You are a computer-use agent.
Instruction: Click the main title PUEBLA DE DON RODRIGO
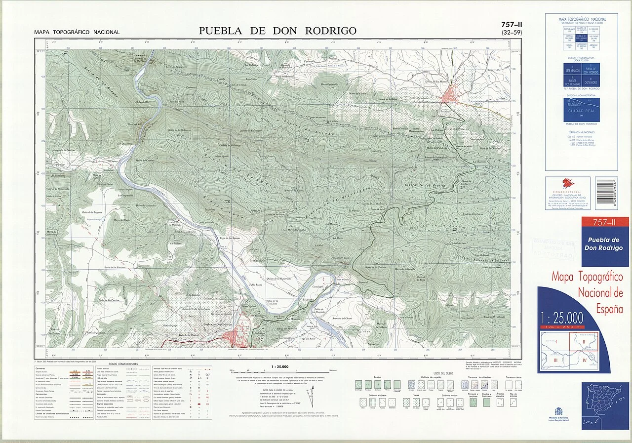click(277, 31)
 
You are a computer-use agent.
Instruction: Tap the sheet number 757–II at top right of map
click(512, 24)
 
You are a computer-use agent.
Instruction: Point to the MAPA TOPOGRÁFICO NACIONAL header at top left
click(77, 33)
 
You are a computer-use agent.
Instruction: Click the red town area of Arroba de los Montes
click(450, 94)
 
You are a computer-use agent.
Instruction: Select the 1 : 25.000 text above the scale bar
click(280, 367)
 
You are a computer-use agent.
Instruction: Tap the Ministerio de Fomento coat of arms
click(558, 411)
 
